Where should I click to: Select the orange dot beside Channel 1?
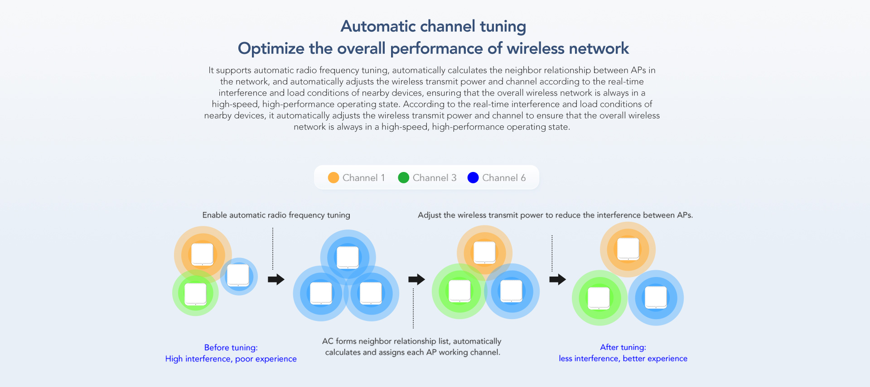(x=333, y=178)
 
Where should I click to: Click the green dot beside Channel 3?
(x=403, y=178)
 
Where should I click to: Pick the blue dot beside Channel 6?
(x=473, y=178)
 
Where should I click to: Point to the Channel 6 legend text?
(x=504, y=178)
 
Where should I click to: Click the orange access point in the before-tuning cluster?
(x=202, y=254)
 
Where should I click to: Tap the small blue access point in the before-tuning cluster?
(x=238, y=275)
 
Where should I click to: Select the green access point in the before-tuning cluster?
(x=195, y=294)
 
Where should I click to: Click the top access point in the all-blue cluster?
(x=348, y=257)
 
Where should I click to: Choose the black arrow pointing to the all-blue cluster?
(x=276, y=279)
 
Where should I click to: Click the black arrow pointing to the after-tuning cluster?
(x=557, y=279)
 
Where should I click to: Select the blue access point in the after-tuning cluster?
(x=656, y=297)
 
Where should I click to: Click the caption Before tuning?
(x=231, y=348)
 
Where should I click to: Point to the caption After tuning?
(x=623, y=347)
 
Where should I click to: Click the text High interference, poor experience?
(x=231, y=359)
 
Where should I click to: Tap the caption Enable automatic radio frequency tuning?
(x=276, y=215)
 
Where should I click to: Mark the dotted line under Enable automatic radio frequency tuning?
(x=273, y=249)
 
